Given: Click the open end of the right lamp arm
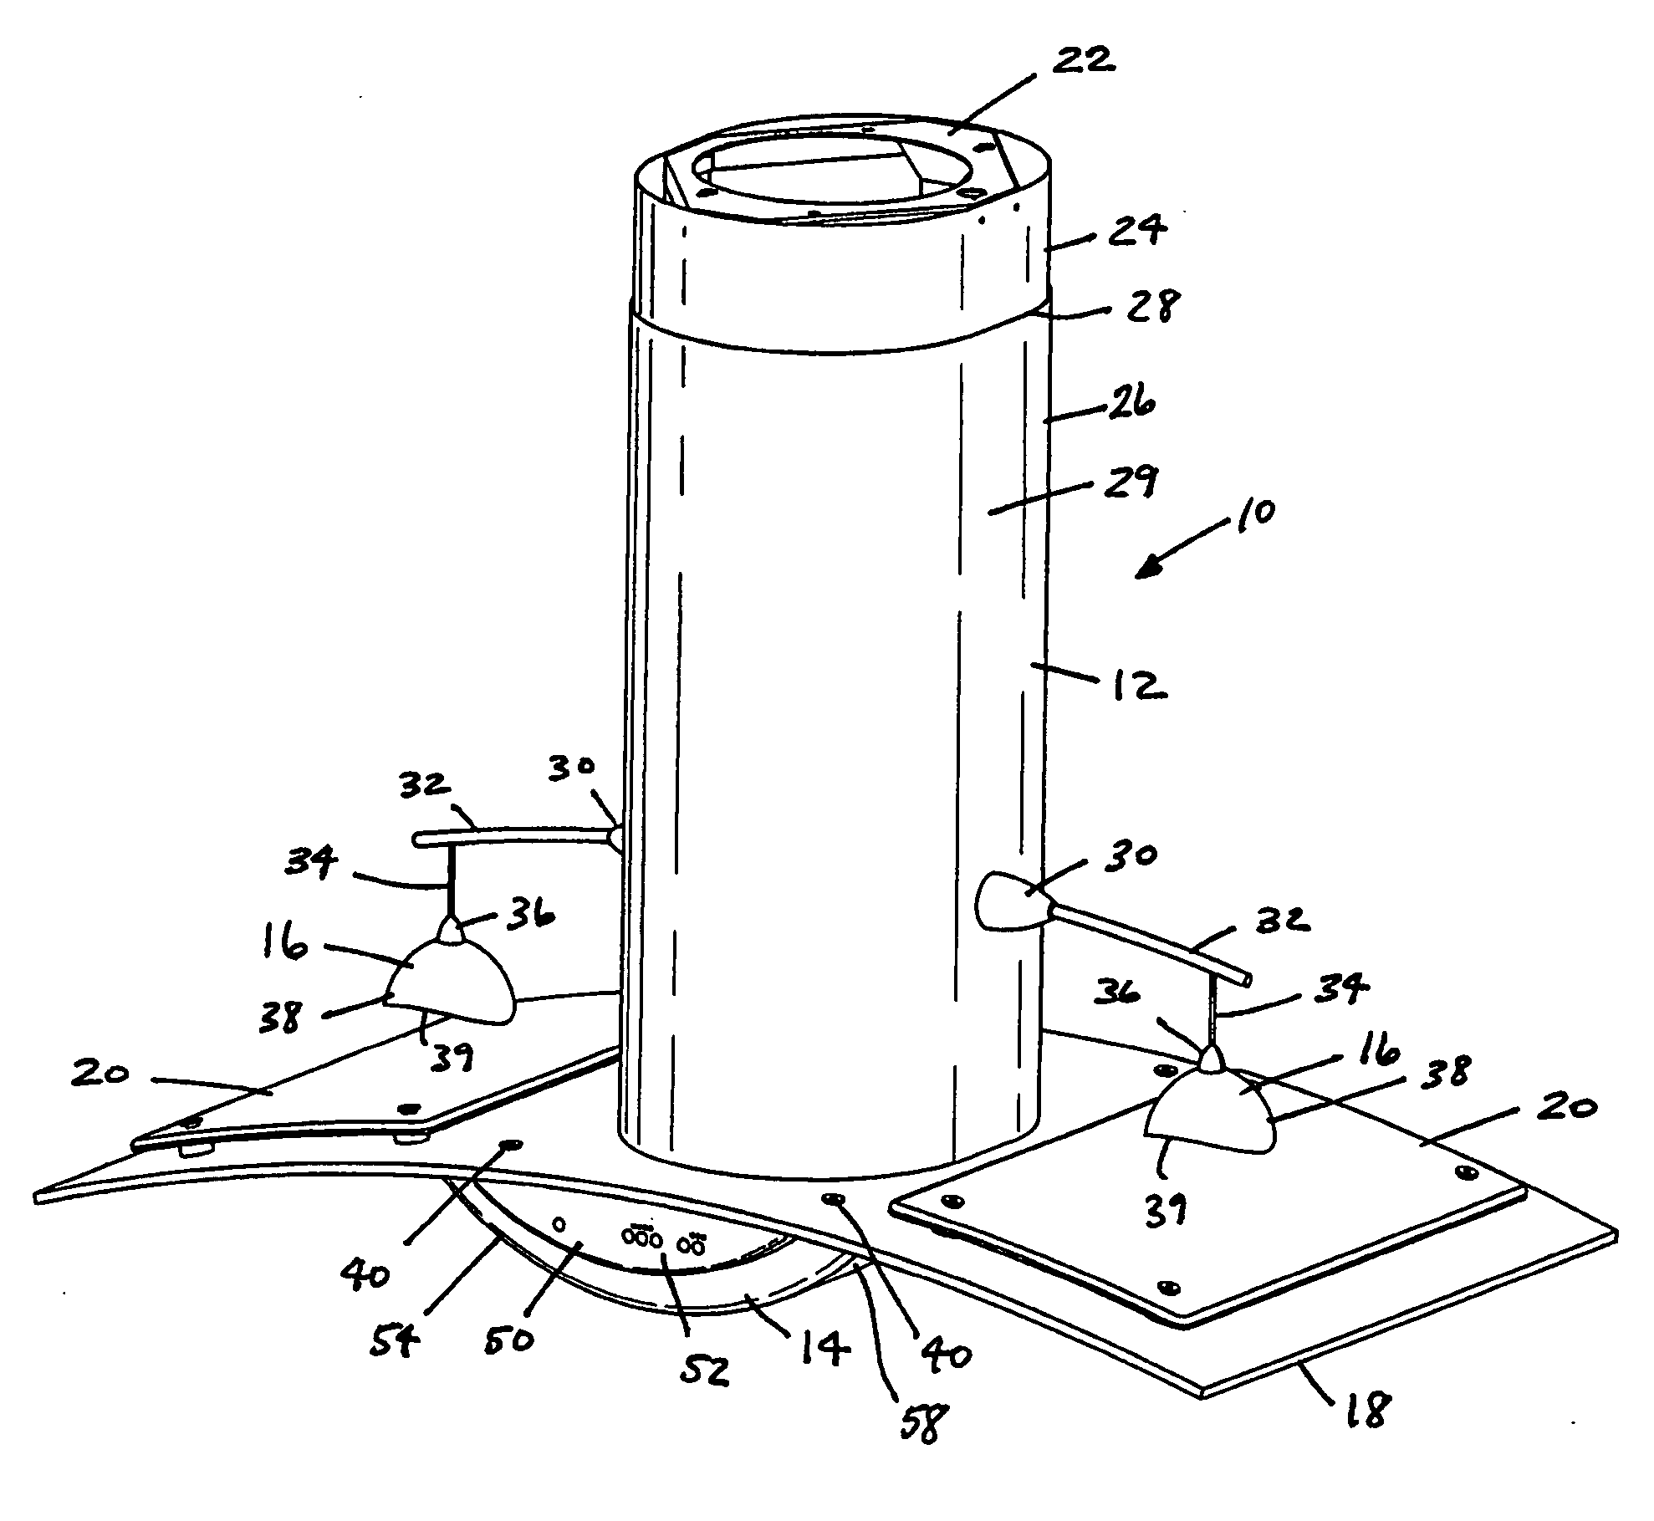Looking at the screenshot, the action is (x=1247, y=977).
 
